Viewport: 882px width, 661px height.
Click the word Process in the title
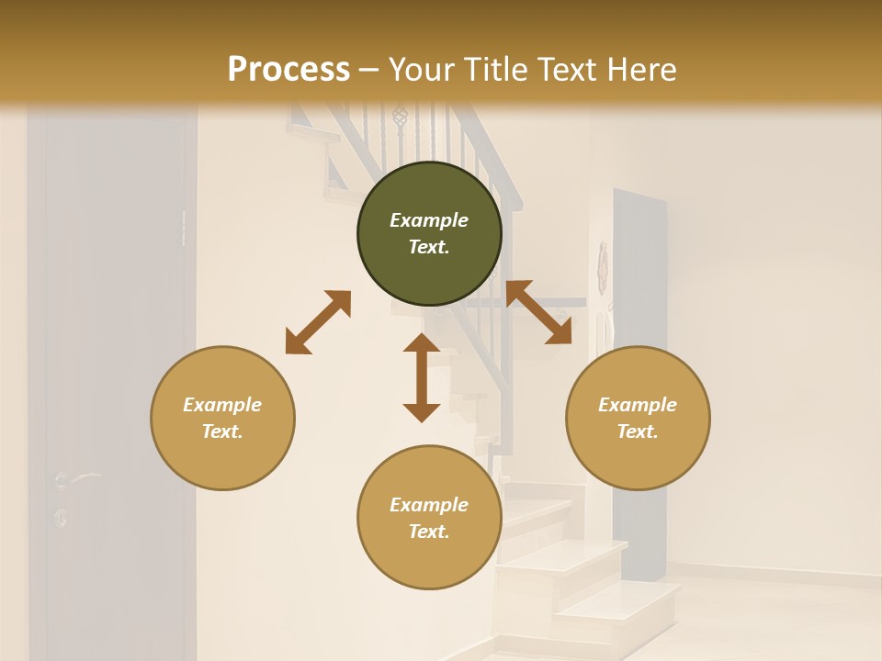pos(288,70)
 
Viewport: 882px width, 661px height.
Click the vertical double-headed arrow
pos(422,377)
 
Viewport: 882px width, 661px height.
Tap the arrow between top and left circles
pos(318,322)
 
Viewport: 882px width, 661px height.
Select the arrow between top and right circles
pos(539,312)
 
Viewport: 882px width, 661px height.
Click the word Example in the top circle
pos(429,220)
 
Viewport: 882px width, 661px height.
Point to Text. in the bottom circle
pos(429,532)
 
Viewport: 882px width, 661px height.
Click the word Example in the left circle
pos(222,405)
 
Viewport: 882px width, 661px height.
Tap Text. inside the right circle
pos(638,431)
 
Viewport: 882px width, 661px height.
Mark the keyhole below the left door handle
pos(61,517)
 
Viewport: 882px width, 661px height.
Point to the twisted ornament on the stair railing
pos(399,116)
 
